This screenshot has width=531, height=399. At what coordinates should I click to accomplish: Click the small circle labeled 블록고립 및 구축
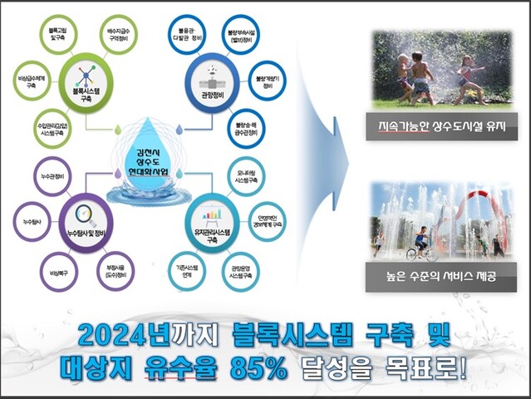pyautogui.click(x=58, y=36)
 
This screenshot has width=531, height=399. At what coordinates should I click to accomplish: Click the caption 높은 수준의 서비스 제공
pyautogui.click(x=440, y=276)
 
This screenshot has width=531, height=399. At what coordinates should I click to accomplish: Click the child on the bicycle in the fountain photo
pyautogui.click(x=420, y=241)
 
